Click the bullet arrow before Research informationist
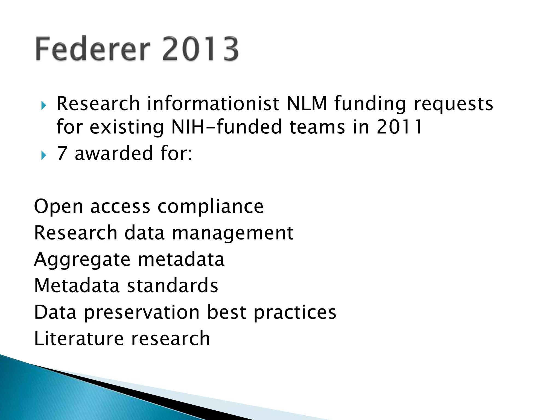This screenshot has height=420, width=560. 44,105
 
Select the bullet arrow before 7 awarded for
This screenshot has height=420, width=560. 44,155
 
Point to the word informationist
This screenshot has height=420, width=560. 213,104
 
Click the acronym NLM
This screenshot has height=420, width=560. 307,104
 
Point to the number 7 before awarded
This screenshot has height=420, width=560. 62,153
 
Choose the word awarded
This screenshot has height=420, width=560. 114,153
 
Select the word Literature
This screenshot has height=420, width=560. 79,339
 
